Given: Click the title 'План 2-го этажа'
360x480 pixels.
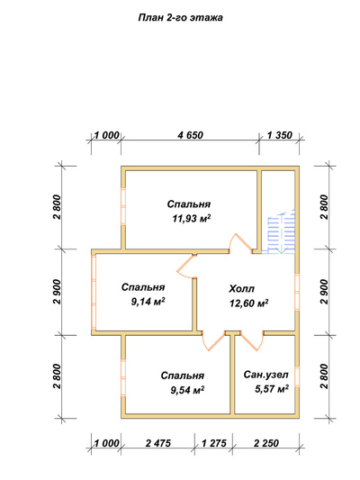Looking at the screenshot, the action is [181, 18].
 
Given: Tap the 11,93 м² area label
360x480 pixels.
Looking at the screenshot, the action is [192, 219].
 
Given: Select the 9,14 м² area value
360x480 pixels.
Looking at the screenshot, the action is [148, 302].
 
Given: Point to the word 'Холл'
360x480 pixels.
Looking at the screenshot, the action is [241, 289].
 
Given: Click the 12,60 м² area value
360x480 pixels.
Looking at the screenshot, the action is [249, 303].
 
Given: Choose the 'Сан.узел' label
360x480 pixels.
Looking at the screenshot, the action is [265, 375].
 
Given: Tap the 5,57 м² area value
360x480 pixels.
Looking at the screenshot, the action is [272, 389].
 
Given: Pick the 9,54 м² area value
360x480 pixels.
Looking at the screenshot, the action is [187, 390].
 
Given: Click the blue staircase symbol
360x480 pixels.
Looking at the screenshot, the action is [282, 231].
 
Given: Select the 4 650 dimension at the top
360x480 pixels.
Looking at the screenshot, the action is [190, 135].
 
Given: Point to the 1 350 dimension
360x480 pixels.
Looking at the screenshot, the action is [280, 135].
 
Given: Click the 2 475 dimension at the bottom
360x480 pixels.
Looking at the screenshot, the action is [158, 443].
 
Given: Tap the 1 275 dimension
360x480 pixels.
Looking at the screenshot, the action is [214, 443].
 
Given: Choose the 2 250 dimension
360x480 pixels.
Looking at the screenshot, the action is [266, 443].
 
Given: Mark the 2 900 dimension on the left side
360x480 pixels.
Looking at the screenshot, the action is [58, 292].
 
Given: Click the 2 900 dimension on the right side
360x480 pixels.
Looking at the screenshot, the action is [325, 292].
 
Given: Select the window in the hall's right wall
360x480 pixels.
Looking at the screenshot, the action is [297, 292].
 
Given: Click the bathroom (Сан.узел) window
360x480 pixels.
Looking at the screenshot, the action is [297, 376].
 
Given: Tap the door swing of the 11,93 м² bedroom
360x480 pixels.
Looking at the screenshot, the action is [241, 243].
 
